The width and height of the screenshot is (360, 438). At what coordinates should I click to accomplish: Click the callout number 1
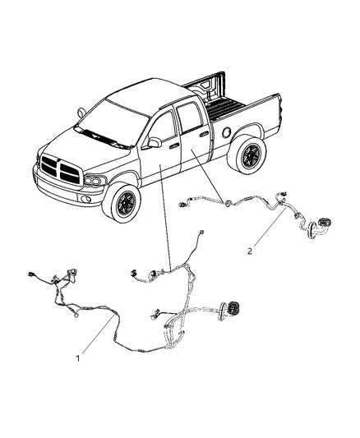[x=79, y=358]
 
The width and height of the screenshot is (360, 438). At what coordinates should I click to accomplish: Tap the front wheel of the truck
[x=126, y=205]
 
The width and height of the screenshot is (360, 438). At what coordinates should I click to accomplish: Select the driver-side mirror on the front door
[x=154, y=143]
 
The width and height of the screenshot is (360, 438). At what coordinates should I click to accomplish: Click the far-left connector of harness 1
[x=34, y=274]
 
